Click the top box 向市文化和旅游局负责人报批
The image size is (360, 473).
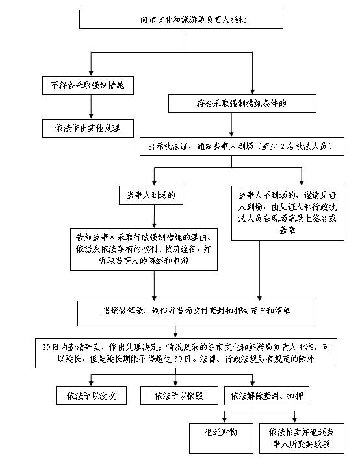pyautogui.click(x=181, y=19)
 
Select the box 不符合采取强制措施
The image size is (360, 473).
pyautogui.click(x=88, y=85)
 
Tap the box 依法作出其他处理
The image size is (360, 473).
pyautogui.click(x=88, y=128)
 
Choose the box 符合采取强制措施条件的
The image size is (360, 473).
pyautogui.click(x=242, y=104)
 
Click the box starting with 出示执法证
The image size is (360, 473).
pyautogui.click(x=242, y=147)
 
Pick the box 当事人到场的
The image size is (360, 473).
pyautogui.click(x=151, y=195)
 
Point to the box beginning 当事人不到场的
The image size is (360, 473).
pyautogui.click(x=288, y=213)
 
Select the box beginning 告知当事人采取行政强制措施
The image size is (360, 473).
pyautogui.click(x=144, y=249)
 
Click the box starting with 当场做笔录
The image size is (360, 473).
pyautogui.click(x=197, y=313)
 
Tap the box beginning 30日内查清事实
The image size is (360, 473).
pyautogui.click(x=186, y=353)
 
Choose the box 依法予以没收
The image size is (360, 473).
pyautogui.click(x=91, y=396)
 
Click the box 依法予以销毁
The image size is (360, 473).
pyautogui.click(x=179, y=396)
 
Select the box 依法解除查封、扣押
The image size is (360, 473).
pyautogui.click(x=267, y=396)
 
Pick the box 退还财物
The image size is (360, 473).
pyautogui.click(x=221, y=438)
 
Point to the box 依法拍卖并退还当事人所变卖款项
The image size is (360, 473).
pyautogui.click(x=302, y=438)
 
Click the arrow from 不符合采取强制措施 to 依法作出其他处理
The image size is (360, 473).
pyautogui.click(x=91, y=107)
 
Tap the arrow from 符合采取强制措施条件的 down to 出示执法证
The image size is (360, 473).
pyautogui.click(x=231, y=125)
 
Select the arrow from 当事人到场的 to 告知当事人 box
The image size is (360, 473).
pyautogui.click(x=154, y=216)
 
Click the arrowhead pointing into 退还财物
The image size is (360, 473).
pyautogui.click(x=224, y=420)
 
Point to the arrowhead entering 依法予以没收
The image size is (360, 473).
pyautogui.click(x=91, y=384)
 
